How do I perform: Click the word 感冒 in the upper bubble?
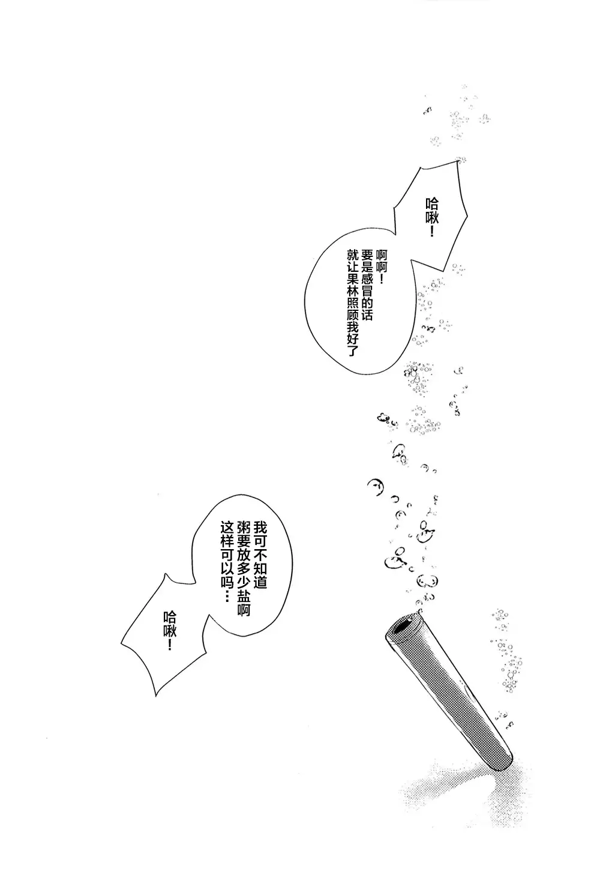367,285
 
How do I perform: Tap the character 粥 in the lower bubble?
244,528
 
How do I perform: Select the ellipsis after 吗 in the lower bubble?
227,594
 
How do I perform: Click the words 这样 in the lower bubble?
227,535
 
